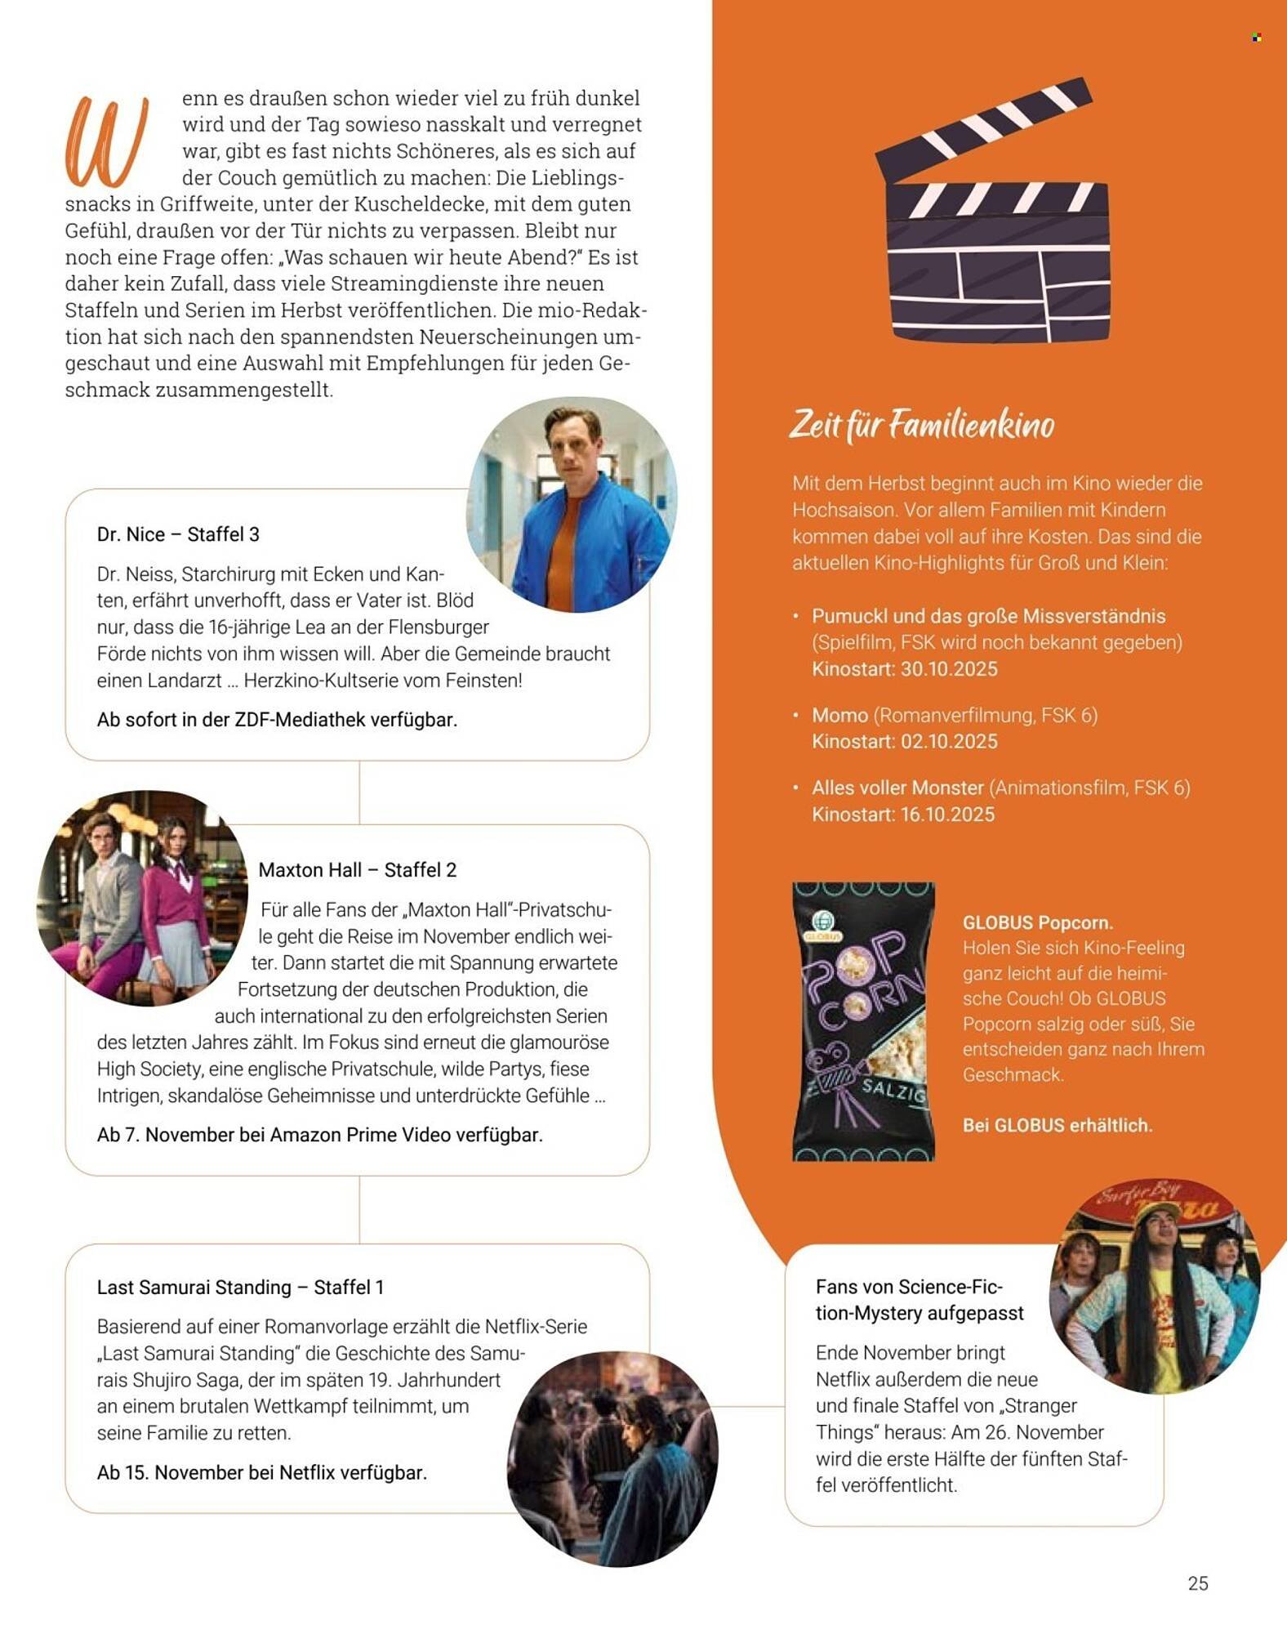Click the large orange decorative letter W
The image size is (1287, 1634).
[106, 143]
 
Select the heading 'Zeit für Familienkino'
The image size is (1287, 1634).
[921, 426]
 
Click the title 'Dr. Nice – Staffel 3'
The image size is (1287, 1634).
[178, 534]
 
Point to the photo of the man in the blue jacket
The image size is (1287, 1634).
[572, 504]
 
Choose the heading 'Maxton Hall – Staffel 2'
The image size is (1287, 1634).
[357, 870]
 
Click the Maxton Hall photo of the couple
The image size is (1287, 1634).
[142, 897]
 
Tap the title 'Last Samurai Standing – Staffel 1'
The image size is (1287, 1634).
[240, 1288]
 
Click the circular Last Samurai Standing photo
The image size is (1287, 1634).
[612, 1458]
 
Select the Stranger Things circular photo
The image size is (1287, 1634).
[1154, 1285]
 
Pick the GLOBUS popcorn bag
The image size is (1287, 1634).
[863, 1021]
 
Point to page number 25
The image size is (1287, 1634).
[1197, 1583]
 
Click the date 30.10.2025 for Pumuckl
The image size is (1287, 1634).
[949, 669]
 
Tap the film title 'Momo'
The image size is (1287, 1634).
[839, 716]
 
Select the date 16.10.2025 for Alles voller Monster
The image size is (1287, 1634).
[948, 815]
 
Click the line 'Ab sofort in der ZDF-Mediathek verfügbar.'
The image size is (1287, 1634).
[277, 720]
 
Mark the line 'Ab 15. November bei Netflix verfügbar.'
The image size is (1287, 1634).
[261, 1473]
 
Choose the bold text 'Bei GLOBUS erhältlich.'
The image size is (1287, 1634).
[1057, 1125]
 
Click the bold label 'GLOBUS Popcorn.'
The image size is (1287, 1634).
[1037, 922]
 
